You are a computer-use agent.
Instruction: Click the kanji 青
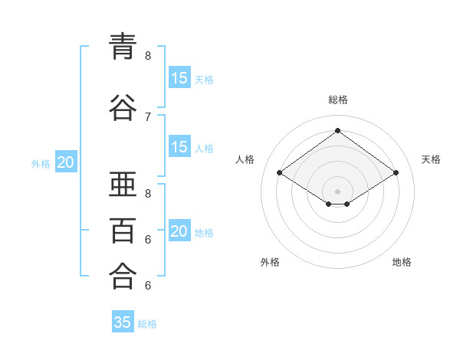(x=123, y=47)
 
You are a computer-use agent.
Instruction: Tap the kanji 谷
(x=123, y=107)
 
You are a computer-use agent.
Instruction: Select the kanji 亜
(x=123, y=184)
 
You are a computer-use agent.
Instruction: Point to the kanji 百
(x=123, y=231)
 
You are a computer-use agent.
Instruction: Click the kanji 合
(x=123, y=276)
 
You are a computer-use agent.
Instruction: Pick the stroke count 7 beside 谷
(x=148, y=117)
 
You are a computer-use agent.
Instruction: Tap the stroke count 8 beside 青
(x=148, y=56)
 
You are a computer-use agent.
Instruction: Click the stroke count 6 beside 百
(x=148, y=240)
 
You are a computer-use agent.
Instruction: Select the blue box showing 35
(x=123, y=321)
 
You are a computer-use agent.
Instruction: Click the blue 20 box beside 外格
(x=66, y=162)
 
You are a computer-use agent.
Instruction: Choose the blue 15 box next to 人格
(x=180, y=146)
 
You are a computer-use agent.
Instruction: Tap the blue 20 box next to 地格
(x=180, y=230)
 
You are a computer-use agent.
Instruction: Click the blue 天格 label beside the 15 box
(x=204, y=80)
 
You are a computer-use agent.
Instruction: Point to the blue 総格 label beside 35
(x=147, y=324)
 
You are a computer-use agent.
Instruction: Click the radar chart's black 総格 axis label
(x=338, y=100)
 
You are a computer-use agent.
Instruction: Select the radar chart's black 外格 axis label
(x=270, y=262)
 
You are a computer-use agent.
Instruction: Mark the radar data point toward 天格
(x=396, y=172)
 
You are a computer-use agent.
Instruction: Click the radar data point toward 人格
(x=280, y=172)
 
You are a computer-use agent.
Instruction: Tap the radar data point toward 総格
(x=337, y=130)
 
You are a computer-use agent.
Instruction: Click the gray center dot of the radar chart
(x=337, y=191)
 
